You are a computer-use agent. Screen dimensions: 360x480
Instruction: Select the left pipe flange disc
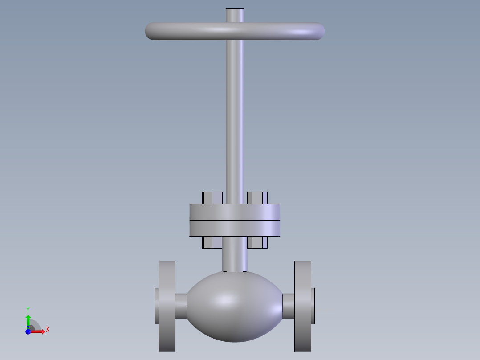click(x=167, y=306)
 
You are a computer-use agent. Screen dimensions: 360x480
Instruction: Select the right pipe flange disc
click(x=303, y=306)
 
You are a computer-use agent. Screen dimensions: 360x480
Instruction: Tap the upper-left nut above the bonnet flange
click(x=212, y=198)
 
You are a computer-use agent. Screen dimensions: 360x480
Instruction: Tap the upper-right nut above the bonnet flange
click(x=257, y=198)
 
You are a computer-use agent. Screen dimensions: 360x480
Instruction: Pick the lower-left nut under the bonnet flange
click(x=212, y=242)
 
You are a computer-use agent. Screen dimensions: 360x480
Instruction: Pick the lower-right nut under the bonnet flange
click(x=257, y=242)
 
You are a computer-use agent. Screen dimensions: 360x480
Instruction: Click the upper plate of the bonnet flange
click(x=235, y=212)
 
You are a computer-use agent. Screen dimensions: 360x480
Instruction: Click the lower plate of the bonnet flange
click(x=235, y=228)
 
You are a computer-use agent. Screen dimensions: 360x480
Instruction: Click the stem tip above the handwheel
click(x=235, y=15)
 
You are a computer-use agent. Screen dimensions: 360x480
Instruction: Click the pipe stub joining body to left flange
click(x=181, y=306)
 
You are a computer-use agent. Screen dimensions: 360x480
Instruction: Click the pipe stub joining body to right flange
click(x=289, y=306)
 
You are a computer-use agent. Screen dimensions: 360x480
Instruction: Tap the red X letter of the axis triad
click(x=48, y=329)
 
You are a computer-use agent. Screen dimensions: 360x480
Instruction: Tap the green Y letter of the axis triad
click(x=28, y=309)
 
